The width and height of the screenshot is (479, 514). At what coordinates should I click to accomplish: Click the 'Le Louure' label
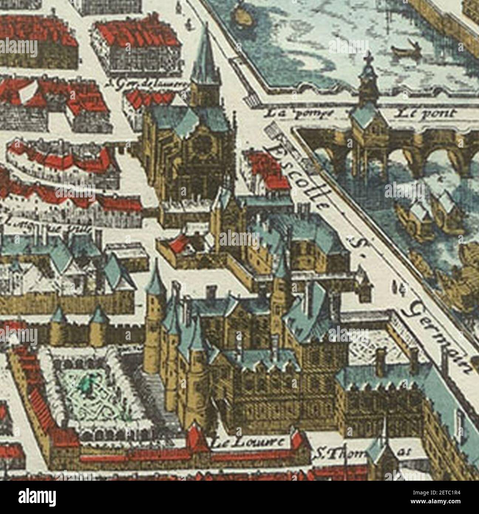pos(249,442)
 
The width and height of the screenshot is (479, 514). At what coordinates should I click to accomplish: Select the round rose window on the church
pos(203,144)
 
